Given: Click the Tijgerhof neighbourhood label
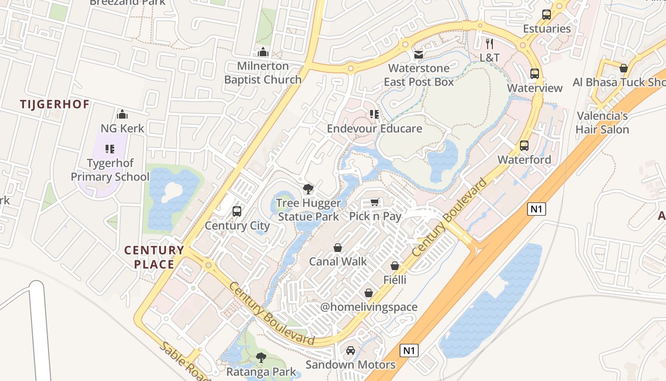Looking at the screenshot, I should tap(55, 104).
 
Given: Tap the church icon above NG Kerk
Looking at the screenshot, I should tap(122, 114).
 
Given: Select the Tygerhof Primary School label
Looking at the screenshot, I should tap(110, 170).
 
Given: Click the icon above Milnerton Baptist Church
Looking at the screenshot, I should tap(263, 52).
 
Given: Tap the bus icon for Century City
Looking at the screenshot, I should tap(236, 211).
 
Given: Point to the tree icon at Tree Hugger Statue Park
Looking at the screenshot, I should tap(308, 189).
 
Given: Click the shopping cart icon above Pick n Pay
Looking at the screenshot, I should tap(375, 202).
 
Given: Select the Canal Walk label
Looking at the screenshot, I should tap(338, 261).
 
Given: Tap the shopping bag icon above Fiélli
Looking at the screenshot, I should tap(395, 266).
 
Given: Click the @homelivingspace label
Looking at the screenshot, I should tap(369, 307).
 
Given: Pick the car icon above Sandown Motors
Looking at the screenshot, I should tap(350, 351).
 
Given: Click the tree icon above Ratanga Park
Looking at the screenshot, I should tap(261, 358).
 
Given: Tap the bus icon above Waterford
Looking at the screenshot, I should tap(524, 146).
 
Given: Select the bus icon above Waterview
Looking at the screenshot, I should tap(535, 74).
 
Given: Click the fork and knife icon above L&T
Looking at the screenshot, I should tap(490, 44).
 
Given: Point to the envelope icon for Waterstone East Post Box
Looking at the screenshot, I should tap(419, 55).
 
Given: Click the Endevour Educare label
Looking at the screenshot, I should tap(374, 129).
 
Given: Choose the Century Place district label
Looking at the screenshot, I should tap(154, 257).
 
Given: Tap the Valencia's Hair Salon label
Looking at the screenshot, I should tap(602, 122).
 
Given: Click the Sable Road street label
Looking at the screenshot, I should tap(185, 361).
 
